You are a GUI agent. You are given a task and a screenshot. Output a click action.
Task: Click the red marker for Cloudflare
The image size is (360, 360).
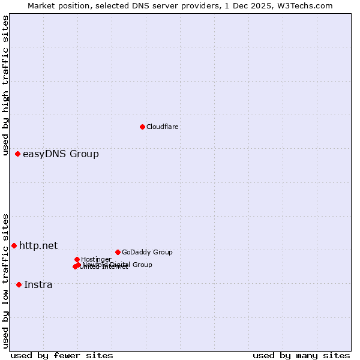click(142, 127)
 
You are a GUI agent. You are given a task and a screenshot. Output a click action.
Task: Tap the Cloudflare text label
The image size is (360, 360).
click(162, 127)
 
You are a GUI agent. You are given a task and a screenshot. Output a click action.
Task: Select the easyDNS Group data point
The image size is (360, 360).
click(18, 154)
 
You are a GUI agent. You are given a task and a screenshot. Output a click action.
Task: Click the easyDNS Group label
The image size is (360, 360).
click(61, 154)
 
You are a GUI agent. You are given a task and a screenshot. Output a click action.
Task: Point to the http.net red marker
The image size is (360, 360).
click(14, 245)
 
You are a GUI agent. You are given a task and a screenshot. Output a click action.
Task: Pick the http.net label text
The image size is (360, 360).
click(38, 245)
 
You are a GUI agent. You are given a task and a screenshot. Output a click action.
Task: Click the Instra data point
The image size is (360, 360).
click(19, 284)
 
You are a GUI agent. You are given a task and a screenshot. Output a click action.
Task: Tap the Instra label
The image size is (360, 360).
click(38, 284)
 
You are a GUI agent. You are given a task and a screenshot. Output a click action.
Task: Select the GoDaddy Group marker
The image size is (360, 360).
click(118, 252)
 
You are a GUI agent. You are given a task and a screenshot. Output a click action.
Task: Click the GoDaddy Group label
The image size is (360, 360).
click(147, 252)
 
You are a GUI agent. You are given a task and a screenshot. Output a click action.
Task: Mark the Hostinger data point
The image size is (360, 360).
click(77, 259)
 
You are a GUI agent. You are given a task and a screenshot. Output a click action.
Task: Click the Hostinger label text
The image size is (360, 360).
click(96, 259)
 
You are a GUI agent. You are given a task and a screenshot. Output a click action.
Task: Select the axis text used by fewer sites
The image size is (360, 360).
click(62, 355)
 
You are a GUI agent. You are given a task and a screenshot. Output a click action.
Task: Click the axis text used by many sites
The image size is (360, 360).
click(301, 355)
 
